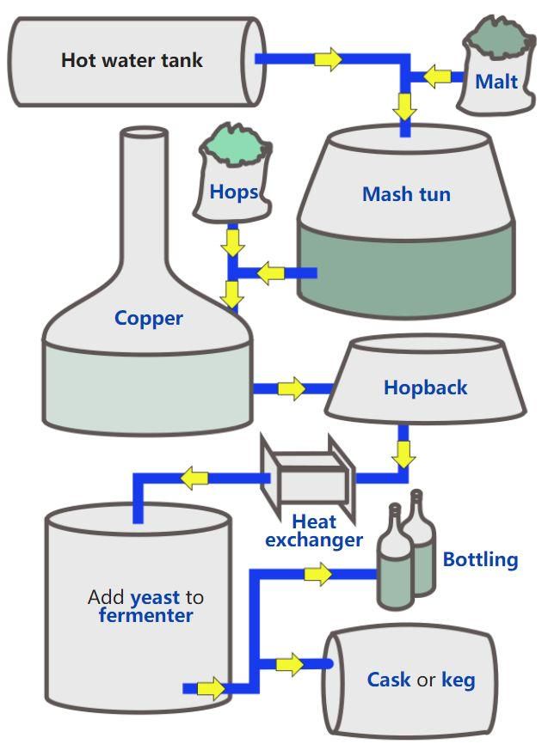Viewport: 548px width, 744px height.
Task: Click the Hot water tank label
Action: pyautogui.click(x=132, y=60)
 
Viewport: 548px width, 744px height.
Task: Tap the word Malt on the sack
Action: pyautogui.click(x=496, y=82)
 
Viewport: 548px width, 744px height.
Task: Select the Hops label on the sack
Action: pyautogui.click(x=233, y=192)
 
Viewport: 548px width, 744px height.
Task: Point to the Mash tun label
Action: pyautogui.click(x=406, y=194)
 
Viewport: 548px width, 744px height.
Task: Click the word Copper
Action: pyautogui.click(x=148, y=319)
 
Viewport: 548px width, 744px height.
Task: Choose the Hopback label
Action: pyautogui.click(x=425, y=387)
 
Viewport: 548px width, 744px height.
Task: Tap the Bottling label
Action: pyautogui.click(x=480, y=559)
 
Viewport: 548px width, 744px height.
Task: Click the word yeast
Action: pyautogui.click(x=155, y=598)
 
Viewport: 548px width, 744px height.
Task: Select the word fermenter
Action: pyautogui.click(x=146, y=616)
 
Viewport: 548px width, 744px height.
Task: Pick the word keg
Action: pyautogui.click(x=459, y=680)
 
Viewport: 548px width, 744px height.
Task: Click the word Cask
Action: pyautogui.click(x=389, y=680)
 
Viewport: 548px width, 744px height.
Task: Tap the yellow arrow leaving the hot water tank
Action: pyautogui.click(x=328, y=59)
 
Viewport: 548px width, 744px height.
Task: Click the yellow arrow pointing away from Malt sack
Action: pyautogui.click(x=437, y=76)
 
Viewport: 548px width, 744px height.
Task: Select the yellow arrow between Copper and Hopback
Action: pyautogui.click(x=292, y=388)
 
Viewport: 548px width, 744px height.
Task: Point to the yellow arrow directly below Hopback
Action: pyautogui.click(x=403, y=454)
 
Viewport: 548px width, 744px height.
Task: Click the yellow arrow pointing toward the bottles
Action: pyautogui.click(x=317, y=574)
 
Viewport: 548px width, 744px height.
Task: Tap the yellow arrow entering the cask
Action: pyautogui.click(x=289, y=665)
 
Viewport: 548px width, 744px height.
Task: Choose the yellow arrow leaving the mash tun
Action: pyautogui.click(x=271, y=273)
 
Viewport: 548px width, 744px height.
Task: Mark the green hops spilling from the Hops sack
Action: pyautogui.click(x=234, y=143)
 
